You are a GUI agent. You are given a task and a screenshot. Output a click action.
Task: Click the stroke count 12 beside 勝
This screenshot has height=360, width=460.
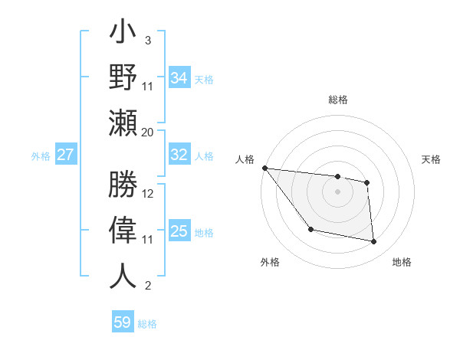click(148, 193)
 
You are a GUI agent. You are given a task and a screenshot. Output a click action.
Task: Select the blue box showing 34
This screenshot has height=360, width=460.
click(179, 77)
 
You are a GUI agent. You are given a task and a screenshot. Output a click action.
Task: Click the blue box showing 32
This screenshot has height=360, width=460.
click(179, 155)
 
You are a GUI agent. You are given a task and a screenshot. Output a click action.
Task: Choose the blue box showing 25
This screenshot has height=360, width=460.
click(179, 231)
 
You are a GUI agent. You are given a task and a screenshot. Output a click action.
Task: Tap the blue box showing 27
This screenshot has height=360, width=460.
click(65, 155)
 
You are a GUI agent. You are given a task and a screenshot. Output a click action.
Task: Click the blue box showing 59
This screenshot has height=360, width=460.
click(123, 322)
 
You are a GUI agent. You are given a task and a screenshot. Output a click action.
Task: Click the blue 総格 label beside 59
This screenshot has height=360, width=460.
click(147, 324)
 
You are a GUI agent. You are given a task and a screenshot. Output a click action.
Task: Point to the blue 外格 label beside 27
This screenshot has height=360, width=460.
click(41, 156)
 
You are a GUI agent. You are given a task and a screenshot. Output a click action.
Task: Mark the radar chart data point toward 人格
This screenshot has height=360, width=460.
click(264, 168)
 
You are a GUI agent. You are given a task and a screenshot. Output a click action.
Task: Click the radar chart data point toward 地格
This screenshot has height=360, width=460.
click(374, 242)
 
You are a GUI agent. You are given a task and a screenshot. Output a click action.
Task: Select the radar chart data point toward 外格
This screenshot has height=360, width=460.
click(310, 229)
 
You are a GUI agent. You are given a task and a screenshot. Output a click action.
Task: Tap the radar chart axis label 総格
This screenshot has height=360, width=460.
click(337, 100)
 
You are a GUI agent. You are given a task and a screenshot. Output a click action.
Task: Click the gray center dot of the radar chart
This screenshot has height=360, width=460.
click(337, 191)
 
